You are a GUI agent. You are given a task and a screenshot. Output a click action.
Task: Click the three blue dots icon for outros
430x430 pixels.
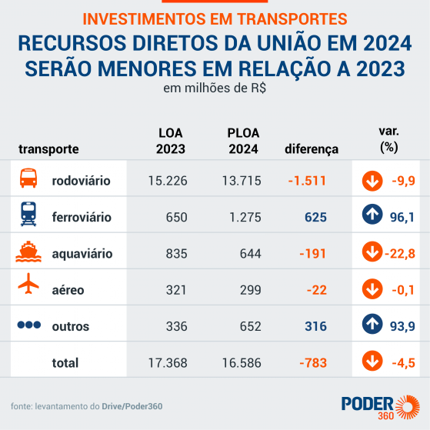point(28,325)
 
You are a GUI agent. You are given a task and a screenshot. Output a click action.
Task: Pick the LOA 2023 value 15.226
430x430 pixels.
point(168,181)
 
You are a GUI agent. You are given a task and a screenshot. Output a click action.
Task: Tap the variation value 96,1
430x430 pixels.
point(402,217)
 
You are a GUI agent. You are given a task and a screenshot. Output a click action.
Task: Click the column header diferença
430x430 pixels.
point(312,149)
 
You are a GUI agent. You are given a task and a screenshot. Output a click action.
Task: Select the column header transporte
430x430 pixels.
point(48,149)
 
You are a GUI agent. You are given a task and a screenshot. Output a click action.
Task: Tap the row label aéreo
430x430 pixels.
point(68,290)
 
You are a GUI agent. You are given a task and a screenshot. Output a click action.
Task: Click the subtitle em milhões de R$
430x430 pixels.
point(215,88)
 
